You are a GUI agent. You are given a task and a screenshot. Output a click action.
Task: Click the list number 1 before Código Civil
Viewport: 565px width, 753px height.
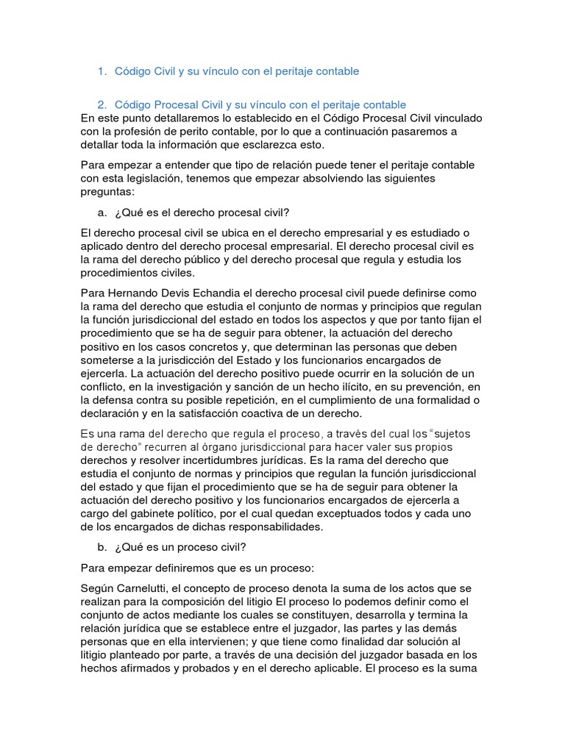(x=101, y=71)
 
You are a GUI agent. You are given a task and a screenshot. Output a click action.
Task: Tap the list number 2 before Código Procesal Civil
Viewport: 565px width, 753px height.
(x=101, y=105)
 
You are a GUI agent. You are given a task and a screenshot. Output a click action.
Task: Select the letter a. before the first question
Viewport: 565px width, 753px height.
(x=102, y=213)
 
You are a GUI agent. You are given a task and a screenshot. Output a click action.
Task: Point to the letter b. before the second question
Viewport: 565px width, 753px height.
(x=102, y=547)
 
